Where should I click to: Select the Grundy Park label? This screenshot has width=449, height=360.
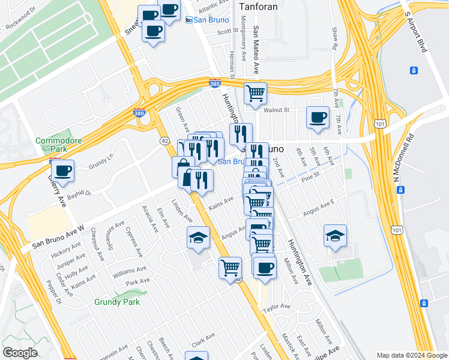pos(117,302)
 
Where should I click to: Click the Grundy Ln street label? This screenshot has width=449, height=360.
pos(100,163)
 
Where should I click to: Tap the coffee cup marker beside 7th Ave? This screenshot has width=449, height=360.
pos(318,117)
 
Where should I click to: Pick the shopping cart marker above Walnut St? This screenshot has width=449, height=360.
pos(256,93)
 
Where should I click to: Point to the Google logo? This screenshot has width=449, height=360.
pos(19,353)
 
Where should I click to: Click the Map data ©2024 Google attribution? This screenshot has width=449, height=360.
pos(412,355)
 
